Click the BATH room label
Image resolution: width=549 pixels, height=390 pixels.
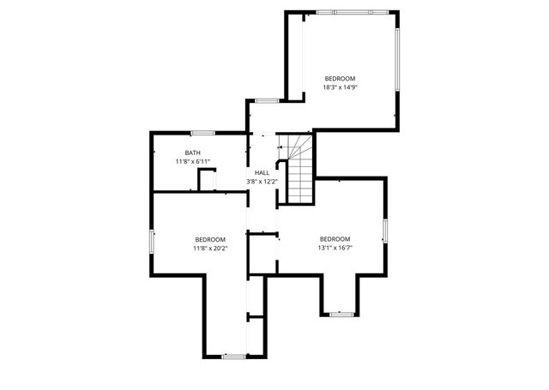click(x=192, y=153)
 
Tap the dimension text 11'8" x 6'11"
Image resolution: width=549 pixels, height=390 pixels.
click(x=192, y=161)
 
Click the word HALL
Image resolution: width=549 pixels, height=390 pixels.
click(x=262, y=173)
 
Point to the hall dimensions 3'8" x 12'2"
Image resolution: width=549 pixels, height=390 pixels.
click(x=262, y=182)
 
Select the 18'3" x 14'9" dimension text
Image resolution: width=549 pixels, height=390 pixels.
click(x=340, y=87)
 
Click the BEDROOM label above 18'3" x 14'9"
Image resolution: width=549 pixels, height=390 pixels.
click(x=340, y=78)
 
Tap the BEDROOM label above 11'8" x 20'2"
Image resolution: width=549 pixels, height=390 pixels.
click(x=209, y=239)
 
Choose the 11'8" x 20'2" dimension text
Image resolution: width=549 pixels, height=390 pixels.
click(x=209, y=249)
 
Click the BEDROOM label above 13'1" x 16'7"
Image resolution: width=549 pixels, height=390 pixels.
click(x=335, y=239)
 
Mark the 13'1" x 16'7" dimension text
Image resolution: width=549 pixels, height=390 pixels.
click(x=335, y=249)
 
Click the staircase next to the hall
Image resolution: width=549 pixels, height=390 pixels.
click(x=298, y=171)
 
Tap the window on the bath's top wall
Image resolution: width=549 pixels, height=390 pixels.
click(x=202, y=132)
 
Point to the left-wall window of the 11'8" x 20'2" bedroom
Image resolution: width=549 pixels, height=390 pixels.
click(x=153, y=241)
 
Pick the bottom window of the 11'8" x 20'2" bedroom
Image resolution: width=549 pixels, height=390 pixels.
click(x=232, y=355)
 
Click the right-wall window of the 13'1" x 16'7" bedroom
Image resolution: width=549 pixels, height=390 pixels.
click(x=385, y=231)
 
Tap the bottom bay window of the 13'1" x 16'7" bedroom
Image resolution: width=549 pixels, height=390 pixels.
click(x=341, y=314)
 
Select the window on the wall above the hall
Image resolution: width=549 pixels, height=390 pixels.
click(x=267, y=101)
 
